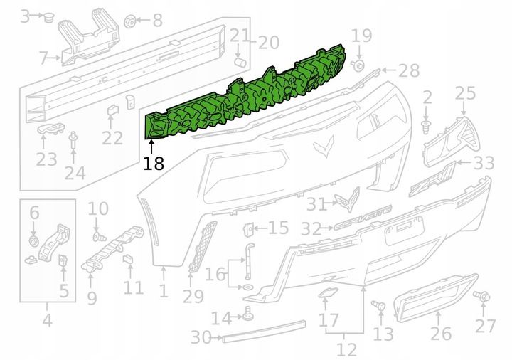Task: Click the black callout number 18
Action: (154, 164)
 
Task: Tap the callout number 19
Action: (361, 36)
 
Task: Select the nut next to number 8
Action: (130, 21)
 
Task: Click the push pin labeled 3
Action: (49, 17)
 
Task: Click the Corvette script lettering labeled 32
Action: (363, 217)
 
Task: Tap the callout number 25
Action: (465, 93)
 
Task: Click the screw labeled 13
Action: (379, 306)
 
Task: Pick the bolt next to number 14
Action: (249, 314)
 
